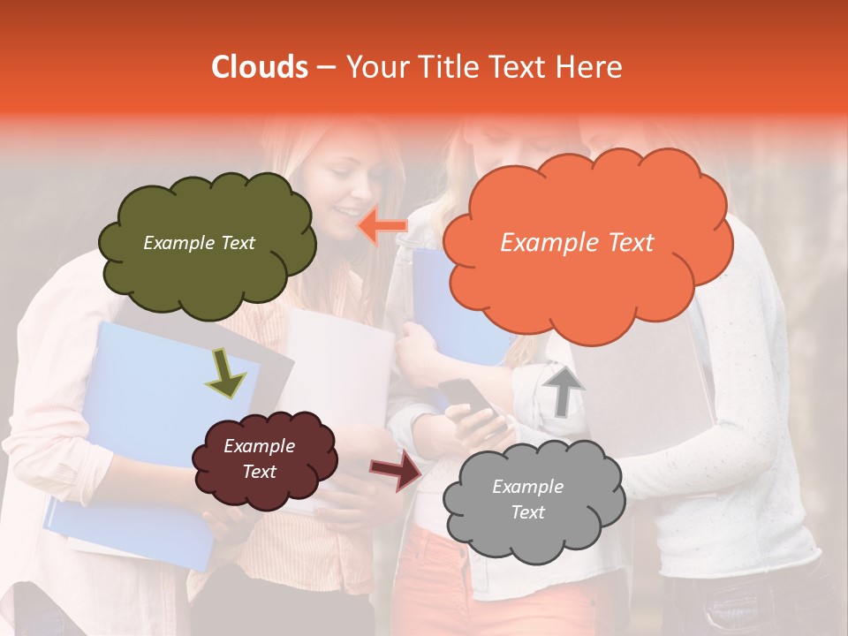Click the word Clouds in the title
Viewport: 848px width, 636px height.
point(260,67)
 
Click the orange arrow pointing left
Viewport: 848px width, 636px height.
point(382,226)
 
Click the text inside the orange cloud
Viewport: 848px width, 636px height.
point(577,243)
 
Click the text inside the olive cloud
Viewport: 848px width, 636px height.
point(199,243)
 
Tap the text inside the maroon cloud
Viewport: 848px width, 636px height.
point(259,459)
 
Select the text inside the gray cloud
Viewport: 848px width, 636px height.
point(527,500)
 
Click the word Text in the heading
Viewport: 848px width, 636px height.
point(524,67)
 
